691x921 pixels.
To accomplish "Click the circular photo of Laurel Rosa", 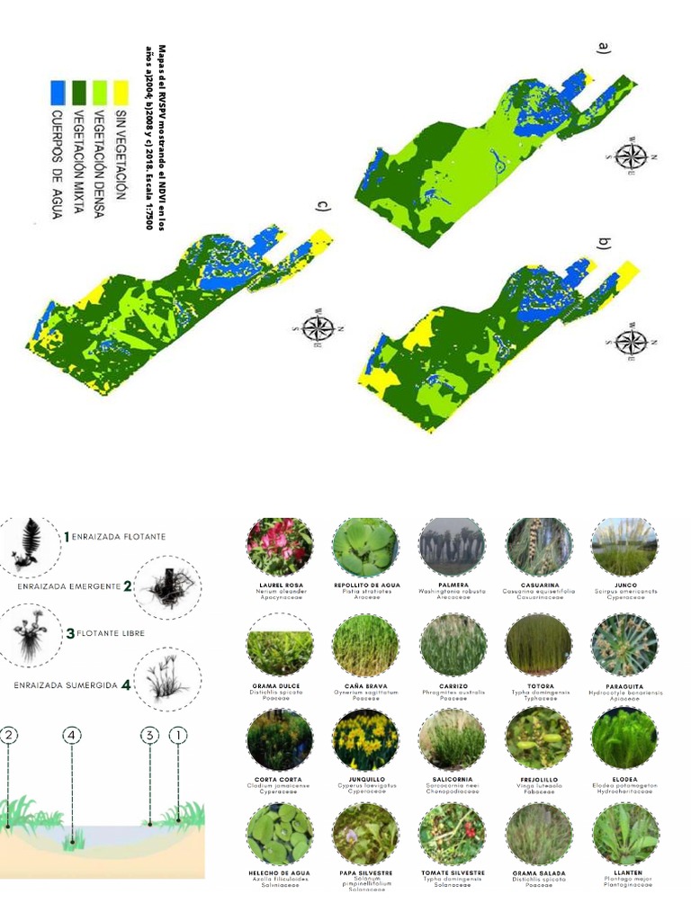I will tap(280, 547).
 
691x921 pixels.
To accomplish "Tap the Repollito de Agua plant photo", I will tap(365, 547).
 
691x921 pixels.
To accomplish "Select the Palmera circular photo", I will tap(452, 547).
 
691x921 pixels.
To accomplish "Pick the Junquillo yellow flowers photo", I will tap(365, 739).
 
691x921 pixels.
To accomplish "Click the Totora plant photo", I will tap(538, 644).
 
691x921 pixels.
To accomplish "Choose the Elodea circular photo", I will tap(624, 739).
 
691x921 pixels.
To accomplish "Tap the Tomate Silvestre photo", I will tap(452, 835).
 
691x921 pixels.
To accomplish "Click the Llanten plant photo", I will tap(624, 835).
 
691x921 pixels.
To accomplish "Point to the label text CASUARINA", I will tap(539, 585).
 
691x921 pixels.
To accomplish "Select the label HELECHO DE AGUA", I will tap(280, 872).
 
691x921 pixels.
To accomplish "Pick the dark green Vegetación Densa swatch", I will tap(78, 91).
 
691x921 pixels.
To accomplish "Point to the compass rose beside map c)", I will tap(319, 327).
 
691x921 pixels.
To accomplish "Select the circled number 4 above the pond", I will tap(72, 735).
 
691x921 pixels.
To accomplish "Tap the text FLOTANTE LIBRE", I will tap(111, 633).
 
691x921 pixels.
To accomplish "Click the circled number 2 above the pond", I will tap(8, 735).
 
